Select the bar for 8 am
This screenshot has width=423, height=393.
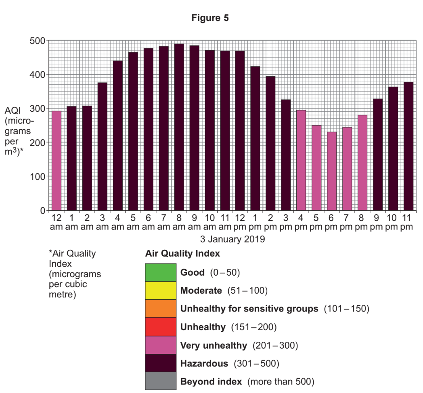point(179,127)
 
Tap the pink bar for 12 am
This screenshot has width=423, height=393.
point(57,160)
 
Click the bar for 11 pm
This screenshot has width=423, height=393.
point(408,146)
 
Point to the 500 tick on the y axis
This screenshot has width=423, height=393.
point(38,41)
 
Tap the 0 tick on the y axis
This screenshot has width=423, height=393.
point(42,210)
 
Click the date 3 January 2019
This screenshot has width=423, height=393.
point(232,239)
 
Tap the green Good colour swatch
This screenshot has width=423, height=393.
point(161,272)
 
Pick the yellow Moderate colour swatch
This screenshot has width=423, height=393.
point(161,291)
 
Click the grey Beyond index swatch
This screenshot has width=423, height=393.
point(161,381)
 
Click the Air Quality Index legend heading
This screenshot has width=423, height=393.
point(182,254)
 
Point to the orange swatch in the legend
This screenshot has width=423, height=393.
point(161,309)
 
